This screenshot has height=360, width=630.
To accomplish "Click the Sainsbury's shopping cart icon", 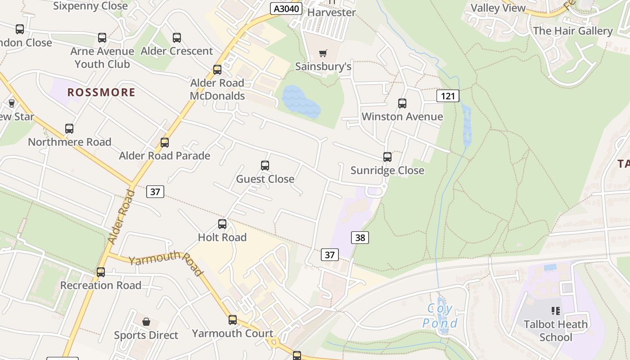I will (x=323, y=54).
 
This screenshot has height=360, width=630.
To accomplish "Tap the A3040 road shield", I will (x=286, y=8).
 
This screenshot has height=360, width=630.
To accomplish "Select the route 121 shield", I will (x=447, y=95).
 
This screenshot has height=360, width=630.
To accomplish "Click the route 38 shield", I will (x=360, y=237).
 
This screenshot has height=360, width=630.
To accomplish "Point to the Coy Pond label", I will (x=440, y=316).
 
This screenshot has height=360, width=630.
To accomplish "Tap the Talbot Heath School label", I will (x=556, y=330).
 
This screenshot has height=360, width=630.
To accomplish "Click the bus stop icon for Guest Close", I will (x=265, y=166).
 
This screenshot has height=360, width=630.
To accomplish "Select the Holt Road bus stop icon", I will (x=222, y=224).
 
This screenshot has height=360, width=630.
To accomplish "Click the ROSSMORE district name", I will (x=101, y=93).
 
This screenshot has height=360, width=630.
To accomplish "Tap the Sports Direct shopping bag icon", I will (x=146, y=322).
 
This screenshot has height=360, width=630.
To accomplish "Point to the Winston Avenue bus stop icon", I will (x=402, y=103).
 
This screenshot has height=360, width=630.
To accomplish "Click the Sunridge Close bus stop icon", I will (x=387, y=157).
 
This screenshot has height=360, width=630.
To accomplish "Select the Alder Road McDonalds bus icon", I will (x=217, y=70).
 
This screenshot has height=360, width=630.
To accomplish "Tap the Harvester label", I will (x=331, y=12).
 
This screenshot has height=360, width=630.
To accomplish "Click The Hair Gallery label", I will (x=572, y=31).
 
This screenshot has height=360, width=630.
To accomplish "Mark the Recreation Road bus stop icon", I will (x=101, y=272).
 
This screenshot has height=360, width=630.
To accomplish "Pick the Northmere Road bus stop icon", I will (x=69, y=129).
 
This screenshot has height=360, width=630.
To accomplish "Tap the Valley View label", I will (x=498, y=8).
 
